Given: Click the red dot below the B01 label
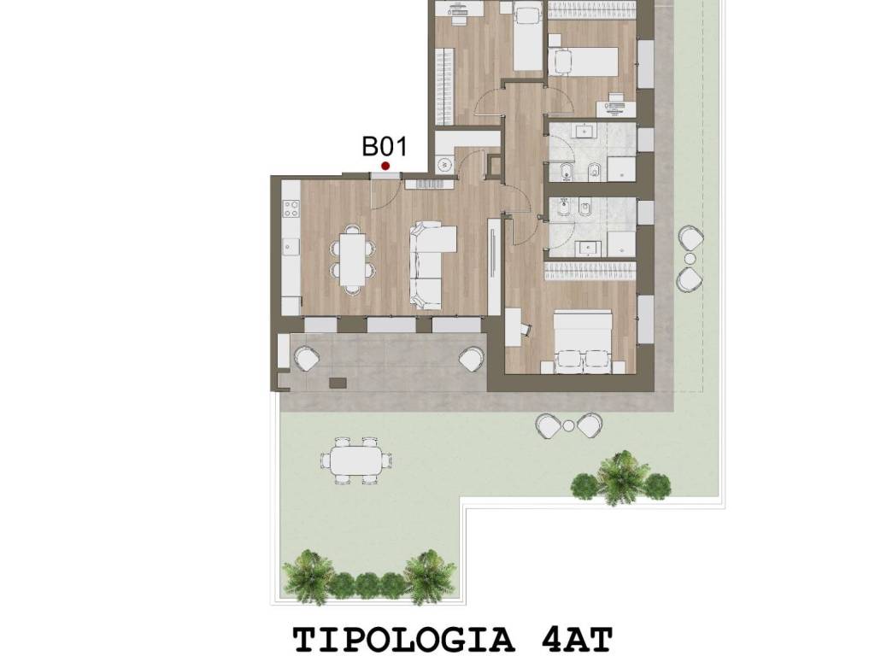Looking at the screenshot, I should point(385,166).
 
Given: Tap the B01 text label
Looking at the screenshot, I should point(385,146).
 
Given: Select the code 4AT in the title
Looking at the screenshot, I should point(578,639).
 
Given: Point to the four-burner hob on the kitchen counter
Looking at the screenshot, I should point(291,207).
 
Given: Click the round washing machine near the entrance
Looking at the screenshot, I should point(444,164).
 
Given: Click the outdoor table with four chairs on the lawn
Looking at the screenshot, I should point(357,461).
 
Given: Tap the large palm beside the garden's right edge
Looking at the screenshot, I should point(621,477).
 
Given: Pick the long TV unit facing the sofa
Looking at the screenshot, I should point(494,266).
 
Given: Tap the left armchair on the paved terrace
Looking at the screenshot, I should point(307,358).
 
